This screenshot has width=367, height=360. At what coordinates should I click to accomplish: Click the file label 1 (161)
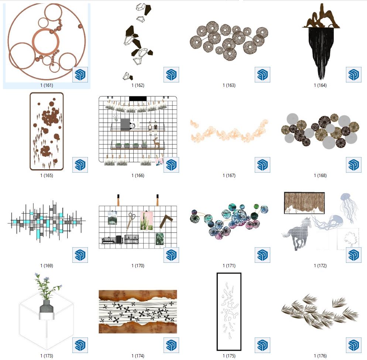click(47, 85)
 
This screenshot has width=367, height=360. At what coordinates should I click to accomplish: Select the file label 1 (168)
click(320, 175)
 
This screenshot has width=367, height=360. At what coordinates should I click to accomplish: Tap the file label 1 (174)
click(138, 356)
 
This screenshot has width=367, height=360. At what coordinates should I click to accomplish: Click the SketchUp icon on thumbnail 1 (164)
click(353, 75)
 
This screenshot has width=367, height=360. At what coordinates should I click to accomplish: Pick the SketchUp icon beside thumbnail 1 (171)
click(263, 255)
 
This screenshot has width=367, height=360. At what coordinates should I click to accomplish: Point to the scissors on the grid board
click(131, 221)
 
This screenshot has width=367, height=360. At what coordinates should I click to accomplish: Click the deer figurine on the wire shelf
click(156, 143)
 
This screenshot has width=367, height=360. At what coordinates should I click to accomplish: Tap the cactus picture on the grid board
click(147, 221)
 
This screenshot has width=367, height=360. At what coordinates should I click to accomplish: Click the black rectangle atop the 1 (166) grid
click(138, 99)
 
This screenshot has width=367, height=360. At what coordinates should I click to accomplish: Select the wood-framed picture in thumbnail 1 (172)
click(304, 203)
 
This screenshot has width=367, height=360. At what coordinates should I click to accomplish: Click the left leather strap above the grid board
click(118, 200)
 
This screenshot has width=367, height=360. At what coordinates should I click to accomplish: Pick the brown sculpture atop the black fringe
click(320, 16)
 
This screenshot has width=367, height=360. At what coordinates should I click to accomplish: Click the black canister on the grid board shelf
click(119, 239)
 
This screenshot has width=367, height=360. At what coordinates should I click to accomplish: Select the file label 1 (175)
click(229, 356)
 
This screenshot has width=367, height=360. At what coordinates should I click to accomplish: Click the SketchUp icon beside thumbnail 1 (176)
click(353, 345)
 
